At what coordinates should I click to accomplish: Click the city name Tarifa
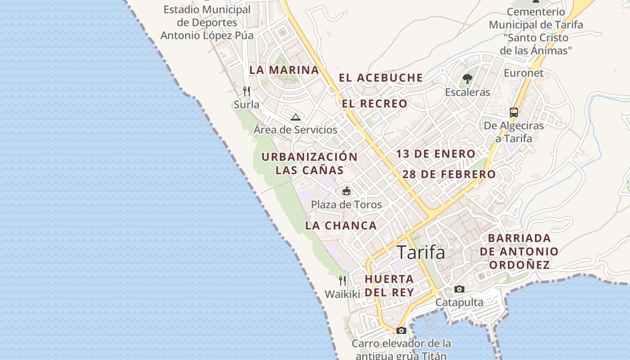pos(421,252)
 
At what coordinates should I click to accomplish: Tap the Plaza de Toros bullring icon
pos(346,191)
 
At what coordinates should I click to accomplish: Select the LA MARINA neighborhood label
pos(284,70)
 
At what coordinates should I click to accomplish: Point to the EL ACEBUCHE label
pos(381,78)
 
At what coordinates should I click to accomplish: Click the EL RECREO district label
pos(374,104)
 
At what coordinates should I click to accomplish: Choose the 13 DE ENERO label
pos(435,154)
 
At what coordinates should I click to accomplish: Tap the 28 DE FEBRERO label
pos(449,174)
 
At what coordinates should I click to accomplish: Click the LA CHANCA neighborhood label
pos(341,226)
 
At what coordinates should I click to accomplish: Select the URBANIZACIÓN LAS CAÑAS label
pos(310,163)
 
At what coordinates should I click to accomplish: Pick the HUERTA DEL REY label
pos(389,285)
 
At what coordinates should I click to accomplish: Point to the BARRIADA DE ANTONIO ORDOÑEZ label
pos(519,251)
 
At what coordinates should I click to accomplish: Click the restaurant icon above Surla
pos(246,91)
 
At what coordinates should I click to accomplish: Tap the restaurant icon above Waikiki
pos(342,281)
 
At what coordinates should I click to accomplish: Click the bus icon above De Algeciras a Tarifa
pos(513,112)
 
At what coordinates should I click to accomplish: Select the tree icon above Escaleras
pos(467,79)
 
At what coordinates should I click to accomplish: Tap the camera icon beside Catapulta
pos(459,289)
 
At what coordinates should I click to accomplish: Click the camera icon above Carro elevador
pos(401,330)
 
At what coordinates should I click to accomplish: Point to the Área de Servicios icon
pos(295,117)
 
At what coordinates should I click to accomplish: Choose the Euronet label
pos(523,73)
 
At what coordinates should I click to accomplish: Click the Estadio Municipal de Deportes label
pos(207,22)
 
